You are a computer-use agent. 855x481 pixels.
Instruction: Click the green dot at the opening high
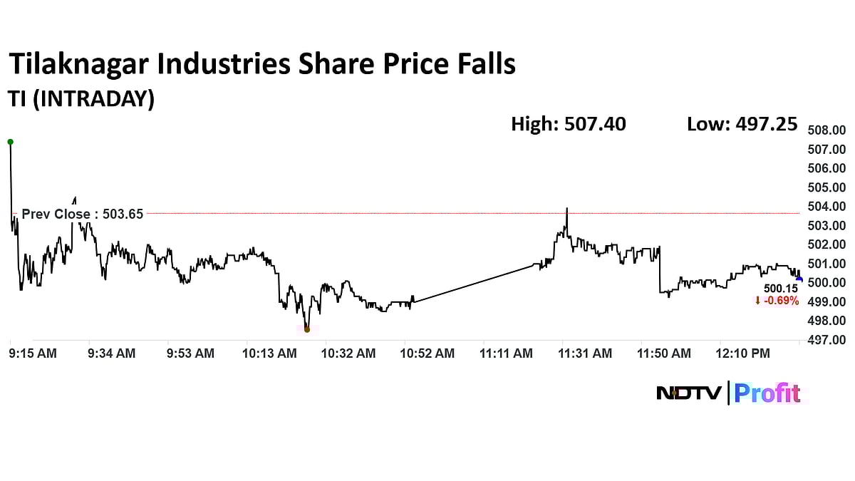(10, 142)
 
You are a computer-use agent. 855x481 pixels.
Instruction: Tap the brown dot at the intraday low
(306, 329)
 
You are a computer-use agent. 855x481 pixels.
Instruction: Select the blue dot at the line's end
(799, 279)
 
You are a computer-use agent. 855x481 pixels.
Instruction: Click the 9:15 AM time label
(33, 353)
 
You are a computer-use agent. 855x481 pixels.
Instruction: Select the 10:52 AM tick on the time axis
(427, 353)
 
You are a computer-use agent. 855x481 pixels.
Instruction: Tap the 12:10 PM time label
(743, 353)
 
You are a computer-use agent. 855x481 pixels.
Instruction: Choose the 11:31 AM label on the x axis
(585, 353)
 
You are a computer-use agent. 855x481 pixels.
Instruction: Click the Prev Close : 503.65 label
(82, 214)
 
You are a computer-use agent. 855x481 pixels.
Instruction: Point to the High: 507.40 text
(568, 124)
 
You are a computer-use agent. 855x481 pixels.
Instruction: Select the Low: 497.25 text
(742, 124)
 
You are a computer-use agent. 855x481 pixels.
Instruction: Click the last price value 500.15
(780, 289)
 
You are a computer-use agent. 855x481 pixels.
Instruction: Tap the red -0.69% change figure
(777, 301)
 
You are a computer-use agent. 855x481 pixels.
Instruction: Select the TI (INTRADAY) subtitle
(81, 99)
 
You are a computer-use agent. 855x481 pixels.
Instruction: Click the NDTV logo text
(688, 393)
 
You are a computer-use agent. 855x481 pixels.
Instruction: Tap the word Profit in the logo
(767, 393)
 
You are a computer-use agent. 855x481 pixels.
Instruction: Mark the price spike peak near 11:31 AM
(566, 209)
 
